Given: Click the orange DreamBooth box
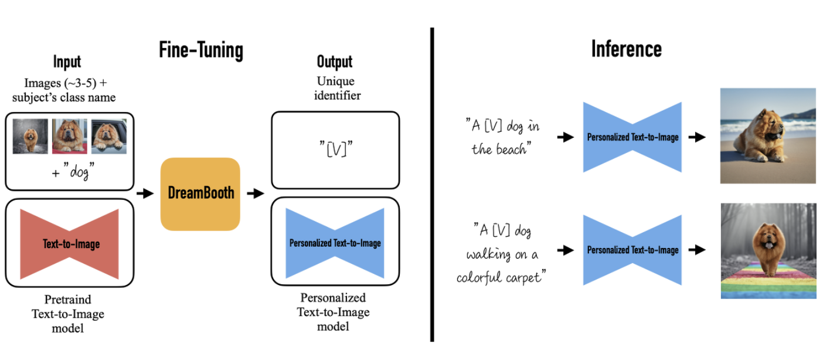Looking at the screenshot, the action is click(200, 194).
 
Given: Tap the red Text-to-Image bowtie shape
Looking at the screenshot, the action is click(69, 244).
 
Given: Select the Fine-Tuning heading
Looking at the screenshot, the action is click(201, 50).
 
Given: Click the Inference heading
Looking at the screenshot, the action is click(627, 49).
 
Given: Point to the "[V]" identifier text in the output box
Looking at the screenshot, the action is click(336, 148).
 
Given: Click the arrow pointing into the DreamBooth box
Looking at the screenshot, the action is click(145, 193).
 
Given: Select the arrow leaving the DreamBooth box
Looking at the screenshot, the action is click(256, 193).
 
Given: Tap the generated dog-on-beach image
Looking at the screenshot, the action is click(768, 135).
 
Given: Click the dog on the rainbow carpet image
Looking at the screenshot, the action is click(768, 251).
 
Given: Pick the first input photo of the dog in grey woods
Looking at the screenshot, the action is click(30, 136).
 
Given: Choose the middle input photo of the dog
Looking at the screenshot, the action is click(69, 136).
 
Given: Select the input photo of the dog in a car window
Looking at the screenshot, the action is click(109, 136).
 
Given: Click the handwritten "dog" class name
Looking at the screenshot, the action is click(79, 171).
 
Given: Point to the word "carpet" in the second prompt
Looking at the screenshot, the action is click(525, 278).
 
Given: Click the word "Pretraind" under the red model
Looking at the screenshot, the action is click(67, 300).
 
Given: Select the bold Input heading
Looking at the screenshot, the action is click(67, 62).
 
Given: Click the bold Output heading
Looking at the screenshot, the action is click(335, 62).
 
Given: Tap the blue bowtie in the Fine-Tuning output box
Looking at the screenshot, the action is click(335, 243).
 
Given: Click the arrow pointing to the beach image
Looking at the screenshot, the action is click(697, 137).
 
